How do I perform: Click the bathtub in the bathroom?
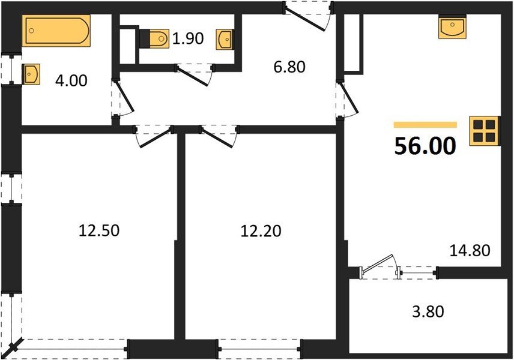tap(56, 31)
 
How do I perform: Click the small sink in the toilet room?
tap(225, 39)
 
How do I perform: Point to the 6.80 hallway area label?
tap(289, 67)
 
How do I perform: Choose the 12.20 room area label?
tap(261, 230)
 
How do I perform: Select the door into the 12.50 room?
tap(153, 136)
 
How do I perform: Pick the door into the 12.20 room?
tap(219, 136)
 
